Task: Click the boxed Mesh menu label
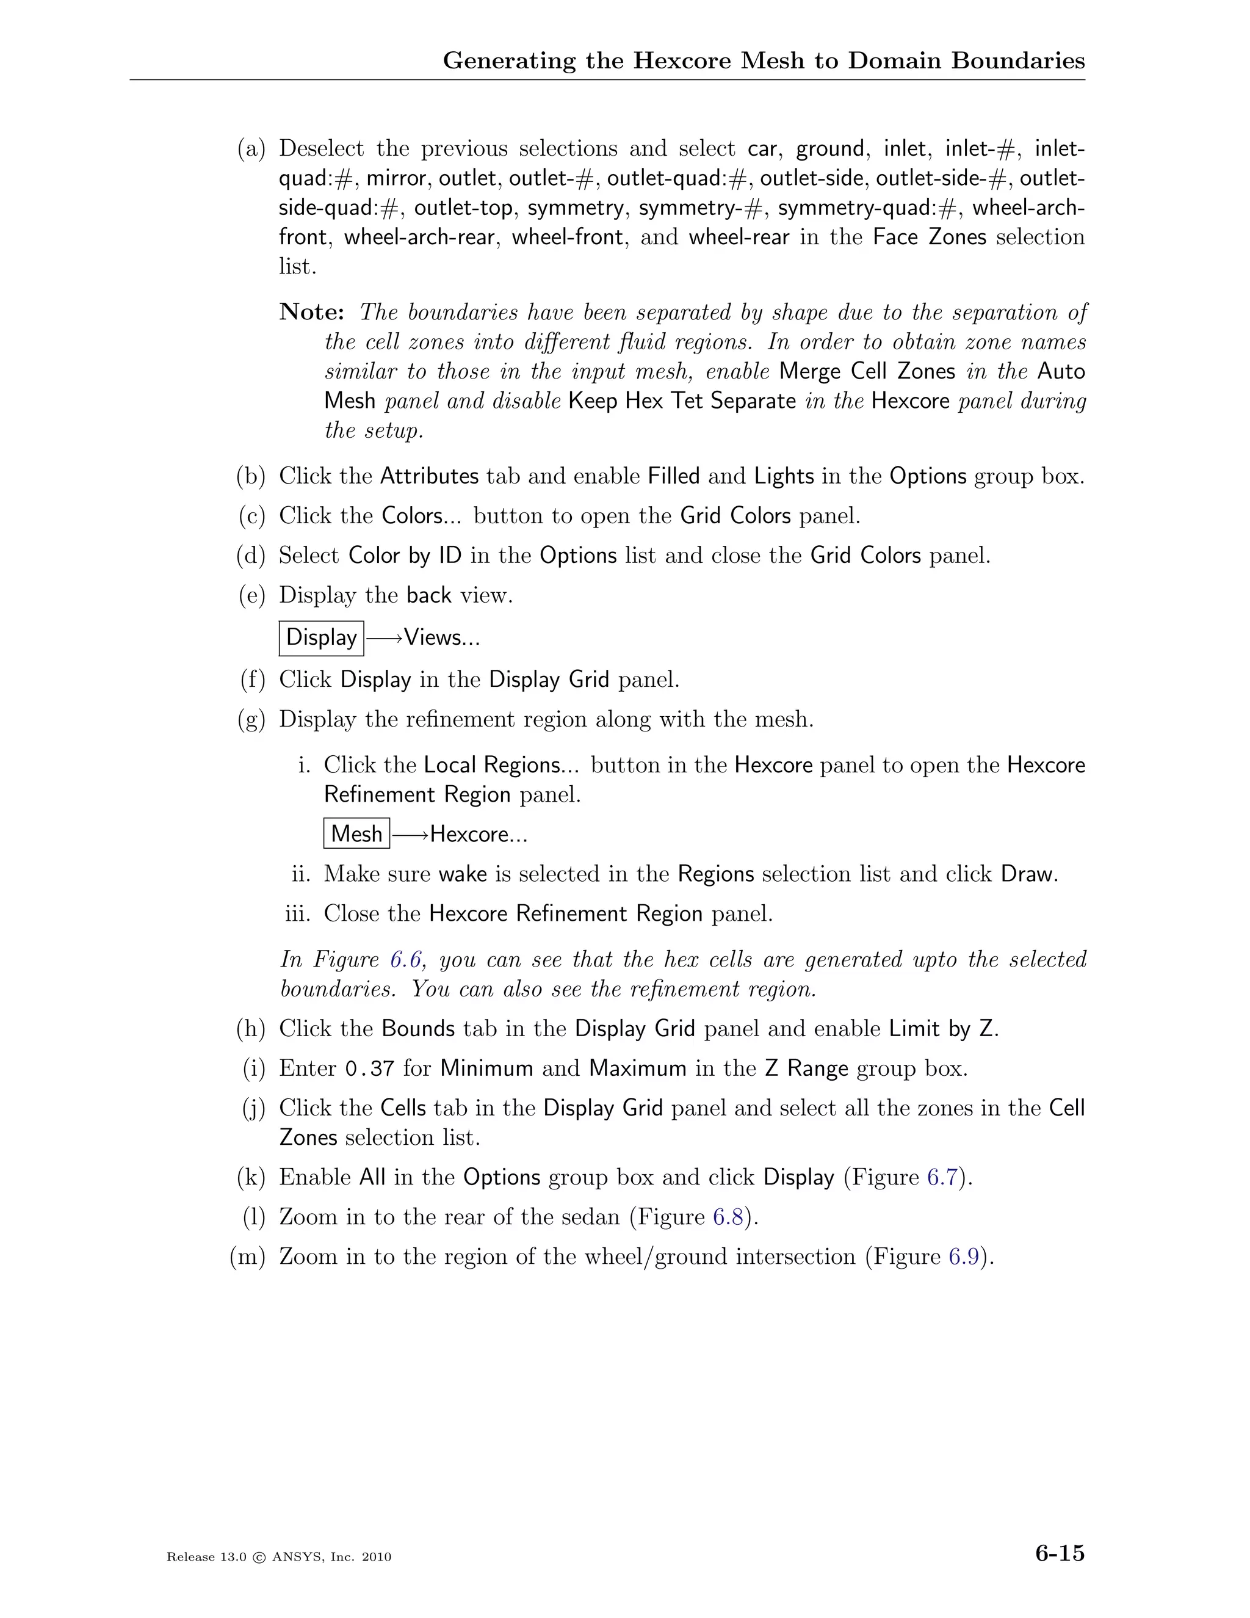356,834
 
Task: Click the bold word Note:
312,313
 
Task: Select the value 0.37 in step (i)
369,1069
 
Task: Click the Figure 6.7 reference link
942,1178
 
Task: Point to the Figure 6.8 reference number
728,1217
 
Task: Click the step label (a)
251,149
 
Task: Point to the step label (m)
247,1257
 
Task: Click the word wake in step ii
463,874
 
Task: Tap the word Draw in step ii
1027,874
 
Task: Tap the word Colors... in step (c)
421,516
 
